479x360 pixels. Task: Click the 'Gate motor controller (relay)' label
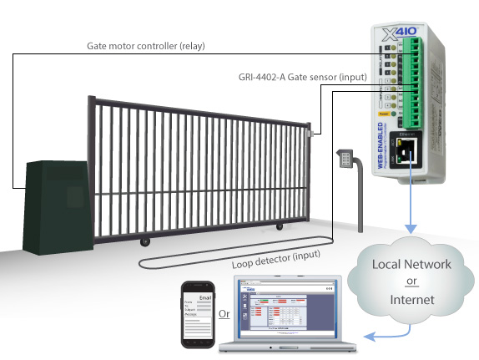point(146,45)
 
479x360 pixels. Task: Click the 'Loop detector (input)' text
point(281,256)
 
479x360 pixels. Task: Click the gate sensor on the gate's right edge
point(310,132)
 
